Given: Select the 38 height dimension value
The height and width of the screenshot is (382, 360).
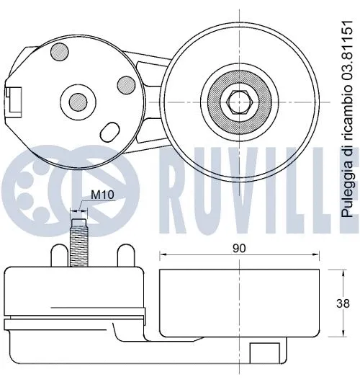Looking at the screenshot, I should coord(345,303).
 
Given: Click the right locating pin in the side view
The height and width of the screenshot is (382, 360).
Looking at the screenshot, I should coord(124,254).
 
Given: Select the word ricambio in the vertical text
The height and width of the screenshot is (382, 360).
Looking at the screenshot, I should coord(348,115).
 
